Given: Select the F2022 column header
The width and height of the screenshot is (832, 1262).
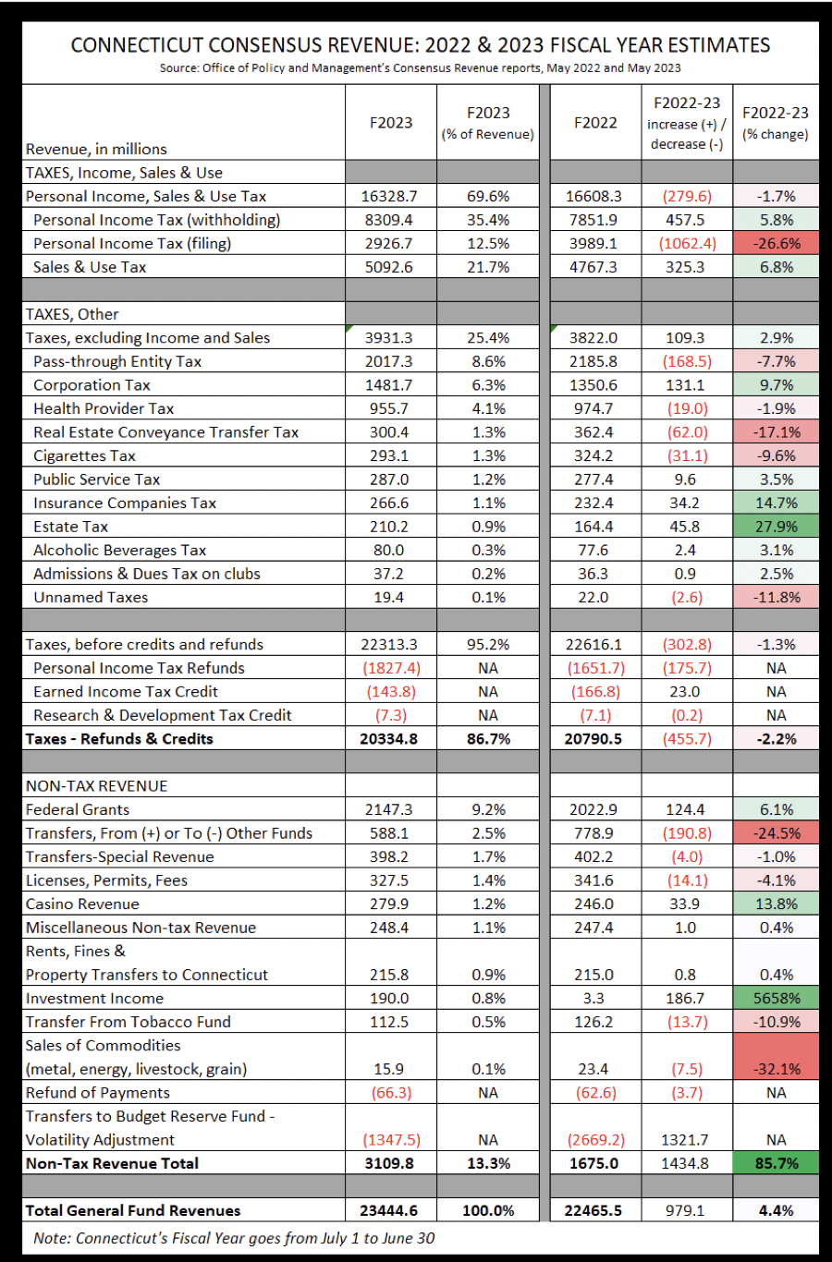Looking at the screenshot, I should (x=595, y=123).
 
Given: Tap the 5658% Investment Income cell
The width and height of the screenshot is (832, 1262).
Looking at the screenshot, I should (x=776, y=999).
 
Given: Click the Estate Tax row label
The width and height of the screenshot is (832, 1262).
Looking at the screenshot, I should (x=70, y=527).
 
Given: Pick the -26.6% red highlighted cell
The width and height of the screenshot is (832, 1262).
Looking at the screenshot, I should (x=776, y=244).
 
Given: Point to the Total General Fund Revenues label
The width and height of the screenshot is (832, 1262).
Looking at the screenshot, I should (x=133, y=1211).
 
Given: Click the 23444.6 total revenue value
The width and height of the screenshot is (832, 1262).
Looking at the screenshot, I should (x=389, y=1211).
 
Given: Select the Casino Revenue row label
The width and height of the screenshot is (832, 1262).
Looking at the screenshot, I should (x=82, y=904).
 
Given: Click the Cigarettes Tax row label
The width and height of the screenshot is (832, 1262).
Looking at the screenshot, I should (x=84, y=455).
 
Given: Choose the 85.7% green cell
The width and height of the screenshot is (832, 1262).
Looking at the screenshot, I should (x=776, y=1164).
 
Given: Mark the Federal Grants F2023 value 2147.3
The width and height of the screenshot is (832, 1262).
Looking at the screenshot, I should (x=389, y=809).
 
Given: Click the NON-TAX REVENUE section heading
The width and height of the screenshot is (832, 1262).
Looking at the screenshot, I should (x=97, y=786).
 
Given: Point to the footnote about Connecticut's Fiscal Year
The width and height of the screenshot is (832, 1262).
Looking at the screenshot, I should (x=234, y=1239).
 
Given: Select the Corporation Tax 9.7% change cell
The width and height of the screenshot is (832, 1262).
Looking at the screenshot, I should (x=776, y=385).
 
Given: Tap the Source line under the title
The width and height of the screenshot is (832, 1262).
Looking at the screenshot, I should (x=420, y=68).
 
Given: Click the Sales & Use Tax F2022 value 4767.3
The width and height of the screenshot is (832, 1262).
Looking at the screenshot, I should (x=595, y=267).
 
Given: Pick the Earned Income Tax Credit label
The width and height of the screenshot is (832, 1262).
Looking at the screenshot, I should (x=126, y=692).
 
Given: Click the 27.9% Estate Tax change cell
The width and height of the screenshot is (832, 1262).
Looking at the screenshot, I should (x=776, y=527).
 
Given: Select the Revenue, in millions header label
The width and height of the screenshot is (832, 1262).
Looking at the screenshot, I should (x=96, y=149).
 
